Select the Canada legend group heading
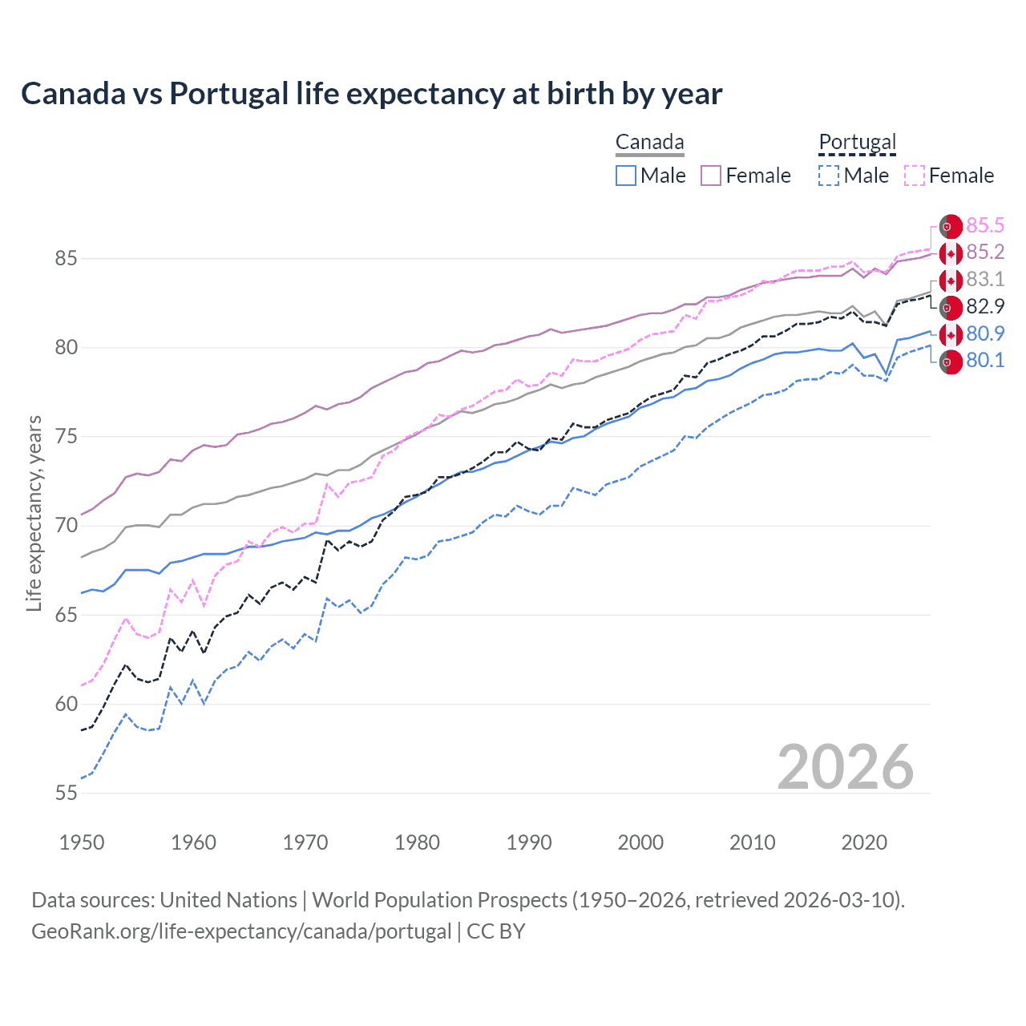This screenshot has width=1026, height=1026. [649, 142]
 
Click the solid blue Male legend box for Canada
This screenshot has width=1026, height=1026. [626, 176]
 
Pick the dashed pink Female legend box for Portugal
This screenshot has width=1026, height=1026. [915, 176]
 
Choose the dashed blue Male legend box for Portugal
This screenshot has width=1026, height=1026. [829, 176]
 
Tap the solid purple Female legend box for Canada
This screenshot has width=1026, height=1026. [711, 176]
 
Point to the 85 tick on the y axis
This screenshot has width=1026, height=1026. [66, 258]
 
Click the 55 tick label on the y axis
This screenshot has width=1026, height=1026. [66, 793]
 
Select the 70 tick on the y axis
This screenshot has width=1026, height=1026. [66, 526]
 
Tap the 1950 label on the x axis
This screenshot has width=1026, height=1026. [82, 842]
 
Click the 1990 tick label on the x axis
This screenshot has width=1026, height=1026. [529, 842]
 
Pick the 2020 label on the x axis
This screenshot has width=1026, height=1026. [864, 842]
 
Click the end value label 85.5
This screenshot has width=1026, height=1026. [984, 225]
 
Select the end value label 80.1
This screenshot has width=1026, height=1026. [984, 361]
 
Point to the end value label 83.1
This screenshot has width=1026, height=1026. [984, 279]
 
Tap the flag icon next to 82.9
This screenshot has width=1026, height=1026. [951, 307]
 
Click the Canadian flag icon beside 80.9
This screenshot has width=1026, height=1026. [951, 334]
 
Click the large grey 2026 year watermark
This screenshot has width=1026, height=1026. [845, 767]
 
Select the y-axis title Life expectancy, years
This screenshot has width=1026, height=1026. [34, 513]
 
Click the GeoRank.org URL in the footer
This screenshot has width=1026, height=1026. [240, 931]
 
